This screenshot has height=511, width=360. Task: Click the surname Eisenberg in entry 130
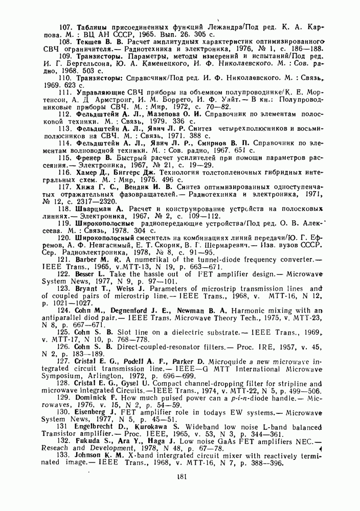click(95, 410)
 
